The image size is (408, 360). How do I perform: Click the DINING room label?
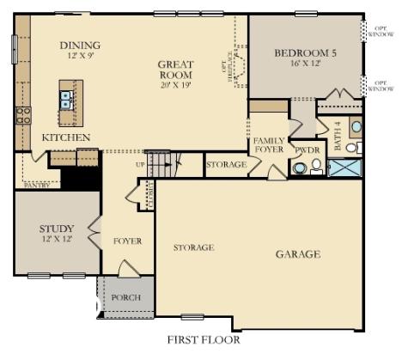80,46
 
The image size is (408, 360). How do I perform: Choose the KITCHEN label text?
66,137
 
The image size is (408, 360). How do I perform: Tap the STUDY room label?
57,229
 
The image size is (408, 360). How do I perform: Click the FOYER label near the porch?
127,241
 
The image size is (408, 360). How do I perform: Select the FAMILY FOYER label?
268,144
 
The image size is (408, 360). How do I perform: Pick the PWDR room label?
307,149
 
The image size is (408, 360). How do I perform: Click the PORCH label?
127,298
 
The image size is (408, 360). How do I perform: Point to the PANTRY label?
37,185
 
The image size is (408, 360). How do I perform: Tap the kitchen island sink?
66,101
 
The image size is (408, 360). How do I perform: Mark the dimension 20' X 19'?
175,85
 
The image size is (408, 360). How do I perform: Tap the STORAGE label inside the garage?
193,247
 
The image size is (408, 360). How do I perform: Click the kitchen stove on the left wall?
22,114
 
